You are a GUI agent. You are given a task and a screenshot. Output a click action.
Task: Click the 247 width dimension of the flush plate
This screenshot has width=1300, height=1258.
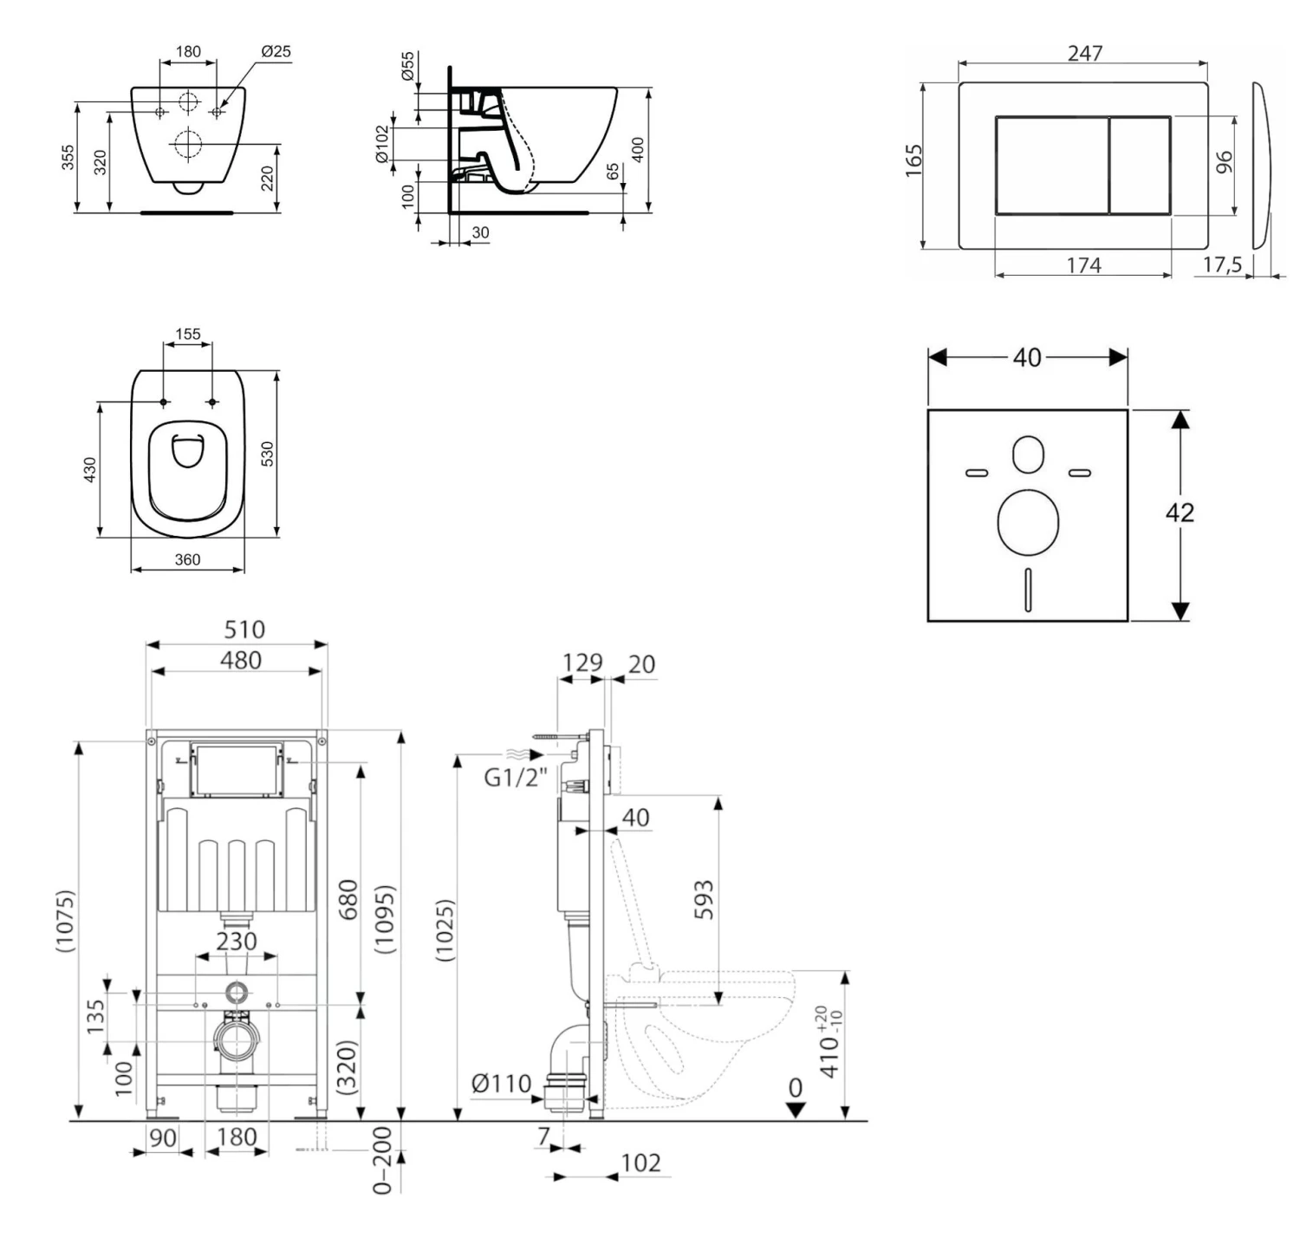[1085, 53]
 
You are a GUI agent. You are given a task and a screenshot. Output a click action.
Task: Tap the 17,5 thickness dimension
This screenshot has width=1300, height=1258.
[1222, 264]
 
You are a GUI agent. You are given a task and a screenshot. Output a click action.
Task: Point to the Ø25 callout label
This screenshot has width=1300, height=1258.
[276, 52]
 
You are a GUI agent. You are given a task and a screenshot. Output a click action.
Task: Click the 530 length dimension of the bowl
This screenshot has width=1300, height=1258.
[268, 453]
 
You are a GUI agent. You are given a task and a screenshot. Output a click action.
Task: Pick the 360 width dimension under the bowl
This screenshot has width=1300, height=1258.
[188, 559]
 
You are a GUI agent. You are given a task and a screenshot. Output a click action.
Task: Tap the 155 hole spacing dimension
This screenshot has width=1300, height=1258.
[188, 334]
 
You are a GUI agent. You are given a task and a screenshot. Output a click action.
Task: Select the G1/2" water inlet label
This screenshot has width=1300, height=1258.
[516, 778]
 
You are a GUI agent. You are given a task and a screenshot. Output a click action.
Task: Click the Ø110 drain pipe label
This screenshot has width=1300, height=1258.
[502, 1083]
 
